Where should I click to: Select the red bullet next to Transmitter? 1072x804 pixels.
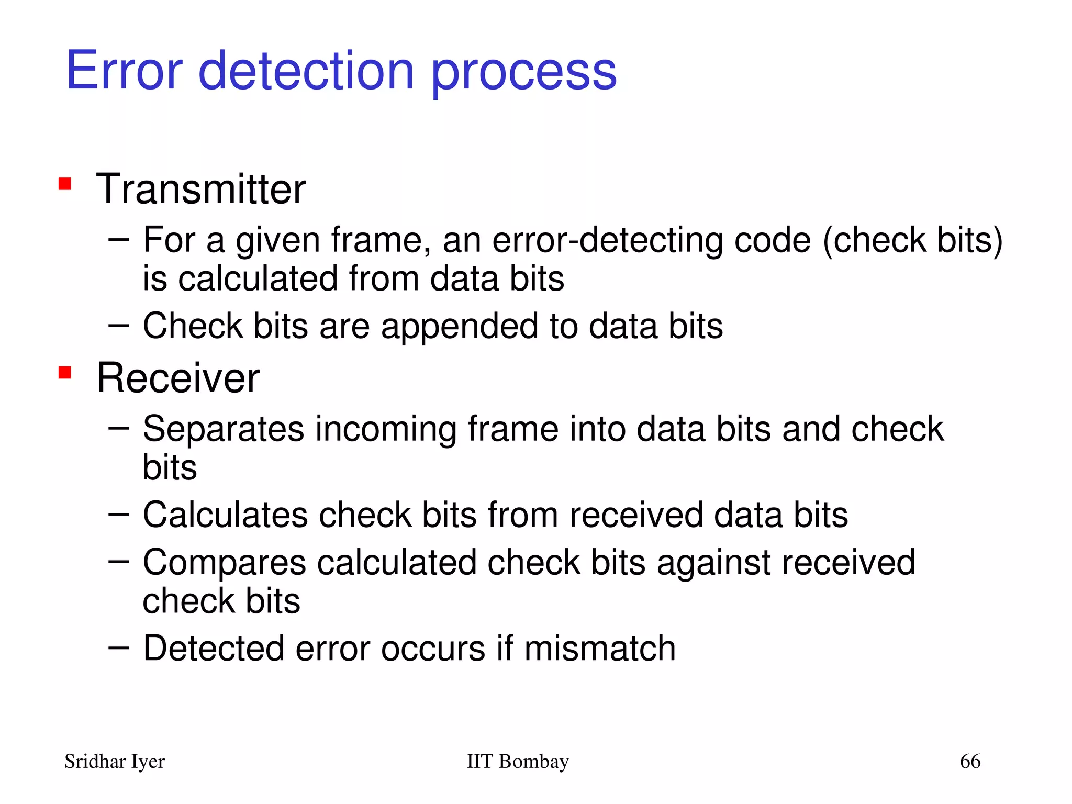[x=65, y=184]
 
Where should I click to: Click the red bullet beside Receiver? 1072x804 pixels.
[x=65, y=373]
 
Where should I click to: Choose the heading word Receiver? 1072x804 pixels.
[x=178, y=378]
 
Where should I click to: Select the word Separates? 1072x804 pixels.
[x=224, y=429]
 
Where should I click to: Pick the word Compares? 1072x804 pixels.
[x=224, y=563]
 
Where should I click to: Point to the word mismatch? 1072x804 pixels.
[x=600, y=649]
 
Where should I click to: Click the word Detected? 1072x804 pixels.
[x=214, y=649]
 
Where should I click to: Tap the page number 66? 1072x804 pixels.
[x=970, y=761]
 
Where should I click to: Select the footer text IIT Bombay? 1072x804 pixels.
[x=517, y=761]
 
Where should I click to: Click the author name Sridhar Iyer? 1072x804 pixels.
[x=115, y=762]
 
